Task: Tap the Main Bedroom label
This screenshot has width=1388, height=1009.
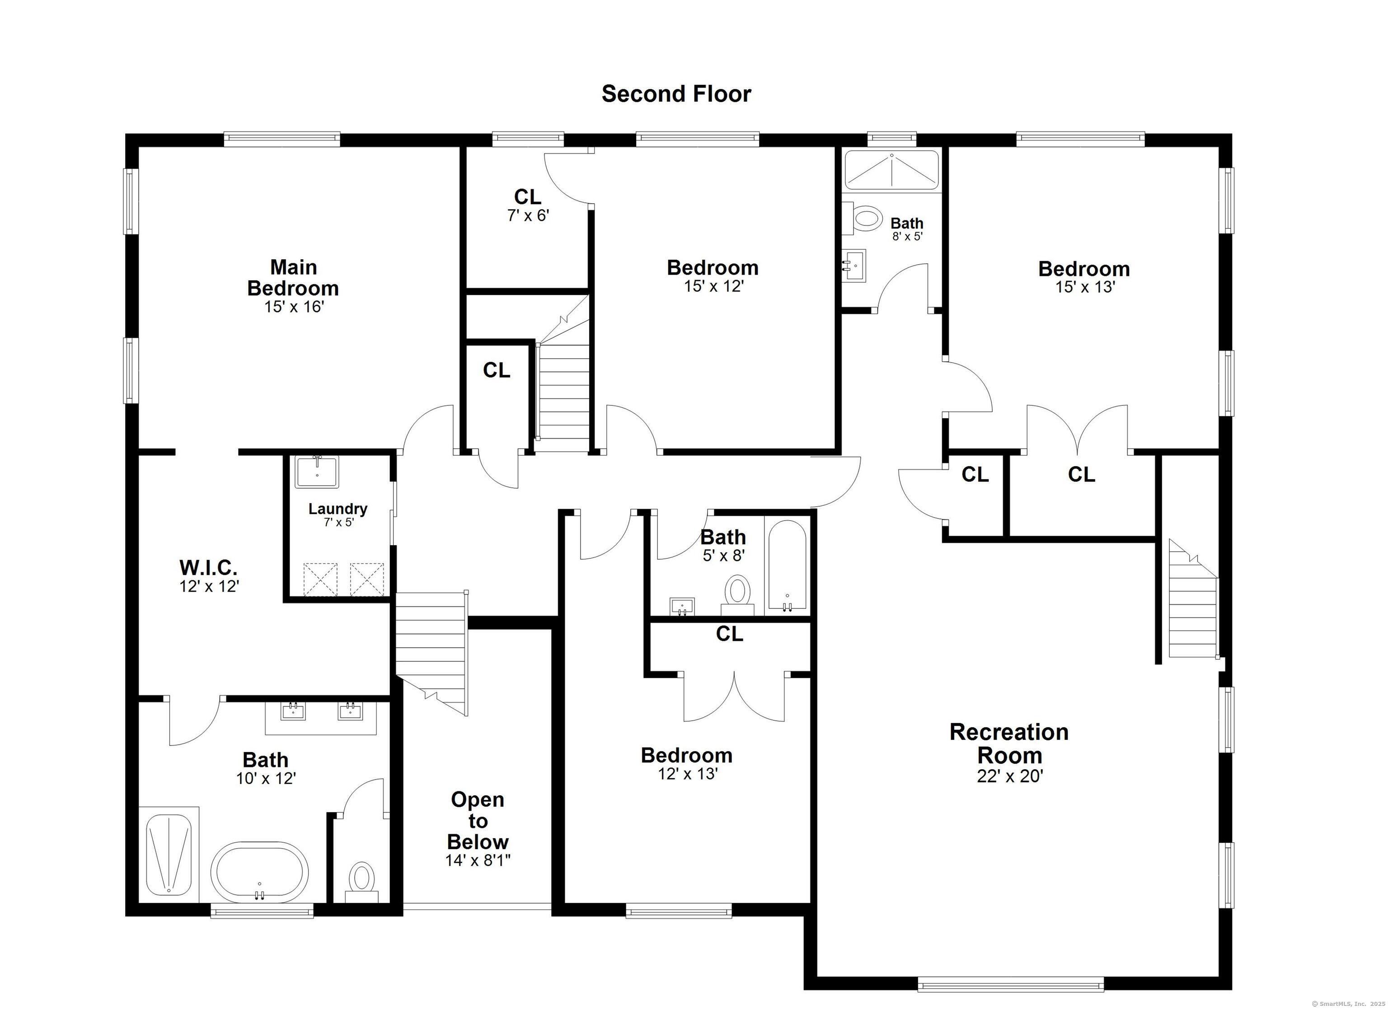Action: click(293, 277)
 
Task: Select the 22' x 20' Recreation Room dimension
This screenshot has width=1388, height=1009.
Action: click(1010, 776)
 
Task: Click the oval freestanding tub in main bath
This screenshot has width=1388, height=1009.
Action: click(259, 872)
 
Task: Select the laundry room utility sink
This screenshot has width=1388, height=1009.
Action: click(317, 472)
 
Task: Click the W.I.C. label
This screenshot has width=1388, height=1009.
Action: click(208, 567)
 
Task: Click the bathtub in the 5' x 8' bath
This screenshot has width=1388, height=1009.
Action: click(788, 566)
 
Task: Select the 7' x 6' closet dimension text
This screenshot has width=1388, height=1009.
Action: click(528, 215)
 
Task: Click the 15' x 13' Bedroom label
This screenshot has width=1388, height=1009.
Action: click(1084, 269)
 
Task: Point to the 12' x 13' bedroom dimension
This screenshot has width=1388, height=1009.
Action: click(687, 774)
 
